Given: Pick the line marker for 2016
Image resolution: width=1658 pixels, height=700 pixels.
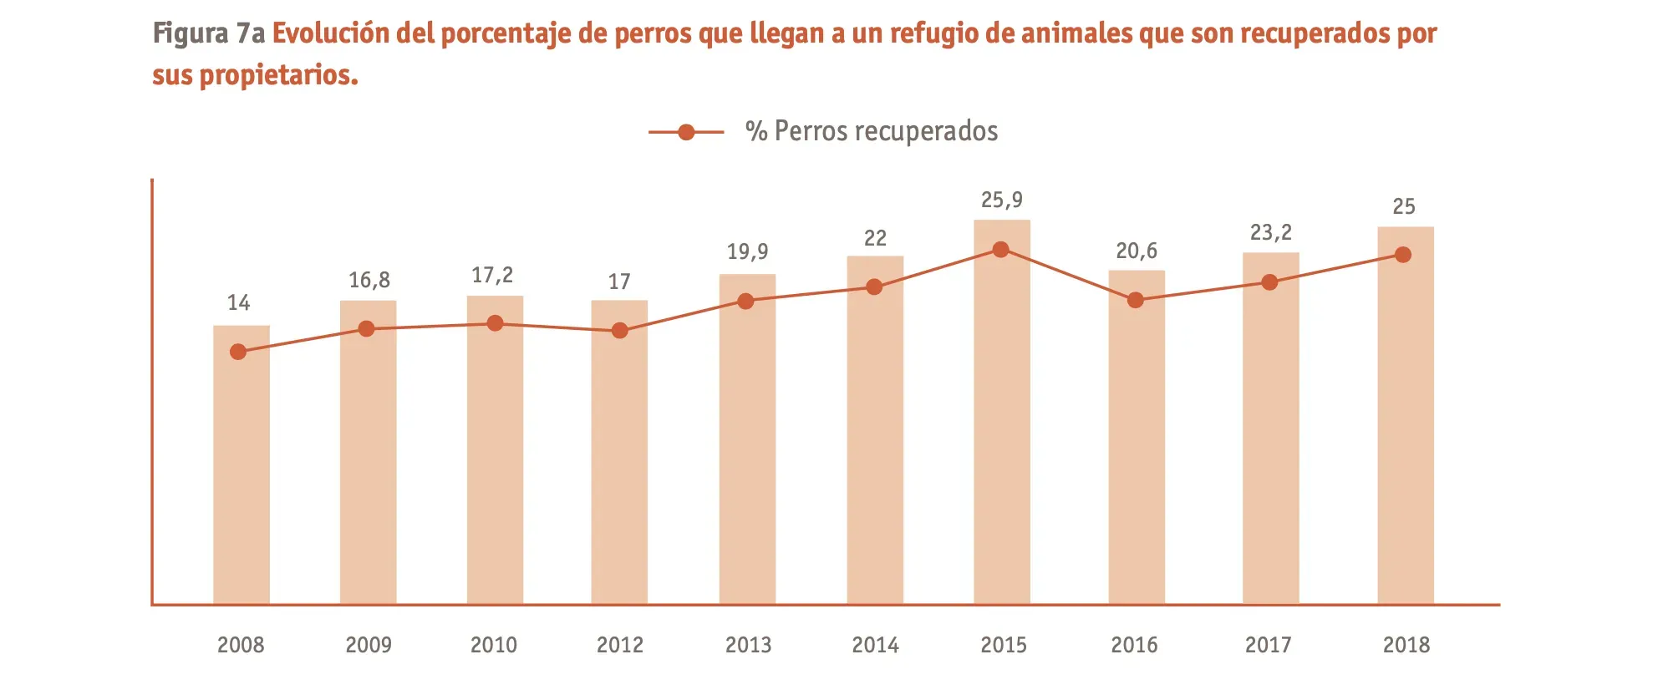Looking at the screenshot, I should click(1135, 300).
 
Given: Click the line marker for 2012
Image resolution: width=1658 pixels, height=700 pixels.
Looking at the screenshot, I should click(619, 331).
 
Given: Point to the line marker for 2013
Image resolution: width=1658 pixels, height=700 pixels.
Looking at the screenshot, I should click(746, 302).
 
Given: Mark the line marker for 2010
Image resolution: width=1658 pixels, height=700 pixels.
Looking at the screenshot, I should click(495, 323).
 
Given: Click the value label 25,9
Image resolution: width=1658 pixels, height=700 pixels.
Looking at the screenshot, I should click(1001, 200).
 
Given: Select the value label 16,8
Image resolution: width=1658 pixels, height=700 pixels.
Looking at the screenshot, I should click(369, 281).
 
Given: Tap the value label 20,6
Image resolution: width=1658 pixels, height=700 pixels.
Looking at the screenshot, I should click(1137, 251).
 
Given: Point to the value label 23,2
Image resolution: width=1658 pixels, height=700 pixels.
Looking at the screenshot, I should click(1270, 233).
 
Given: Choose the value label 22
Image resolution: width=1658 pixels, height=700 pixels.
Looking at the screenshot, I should click(875, 239).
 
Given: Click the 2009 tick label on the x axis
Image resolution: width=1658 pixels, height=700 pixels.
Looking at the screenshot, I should click(369, 645).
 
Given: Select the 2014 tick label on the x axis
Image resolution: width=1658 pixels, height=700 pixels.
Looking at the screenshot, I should click(875, 645).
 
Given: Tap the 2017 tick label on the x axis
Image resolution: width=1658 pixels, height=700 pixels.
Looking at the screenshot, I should click(1268, 645).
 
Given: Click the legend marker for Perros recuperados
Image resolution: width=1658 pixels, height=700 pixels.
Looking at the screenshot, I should click(686, 132).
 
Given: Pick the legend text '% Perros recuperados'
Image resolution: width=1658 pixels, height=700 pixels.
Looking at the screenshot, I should click(872, 132).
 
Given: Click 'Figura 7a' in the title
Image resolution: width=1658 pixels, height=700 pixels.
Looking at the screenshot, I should click(209, 34).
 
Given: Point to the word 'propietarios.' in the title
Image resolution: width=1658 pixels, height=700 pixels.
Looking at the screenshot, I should click(279, 76).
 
